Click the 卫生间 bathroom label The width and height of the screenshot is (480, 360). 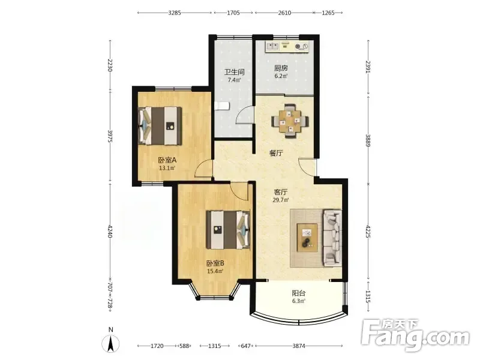(234, 72)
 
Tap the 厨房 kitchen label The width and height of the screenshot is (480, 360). (281, 68)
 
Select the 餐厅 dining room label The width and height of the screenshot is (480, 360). (276, 153)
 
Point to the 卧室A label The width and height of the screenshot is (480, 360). (167, 160)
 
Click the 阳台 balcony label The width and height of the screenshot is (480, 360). (298, 293)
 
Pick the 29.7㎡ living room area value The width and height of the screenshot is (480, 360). (281, 200)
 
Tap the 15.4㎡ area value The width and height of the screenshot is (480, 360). (215, 271)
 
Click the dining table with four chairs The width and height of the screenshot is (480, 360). (290, 121)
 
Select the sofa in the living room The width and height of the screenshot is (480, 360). (332, 238)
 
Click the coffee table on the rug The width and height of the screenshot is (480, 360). (307, 238)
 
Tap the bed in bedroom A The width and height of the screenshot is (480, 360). (160, 125)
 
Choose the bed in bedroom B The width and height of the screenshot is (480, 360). (228, 230)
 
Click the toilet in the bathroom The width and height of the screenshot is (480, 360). (221, 106)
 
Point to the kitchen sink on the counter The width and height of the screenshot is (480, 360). (272, 46)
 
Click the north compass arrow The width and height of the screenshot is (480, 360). (110, 343)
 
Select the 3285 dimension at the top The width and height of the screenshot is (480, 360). (175, 13)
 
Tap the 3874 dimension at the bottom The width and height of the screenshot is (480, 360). (298, 346)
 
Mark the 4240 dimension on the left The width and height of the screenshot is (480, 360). (110, 232)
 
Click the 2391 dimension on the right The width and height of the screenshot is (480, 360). (368, 67)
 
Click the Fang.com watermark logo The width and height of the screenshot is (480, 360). (415, 335)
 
